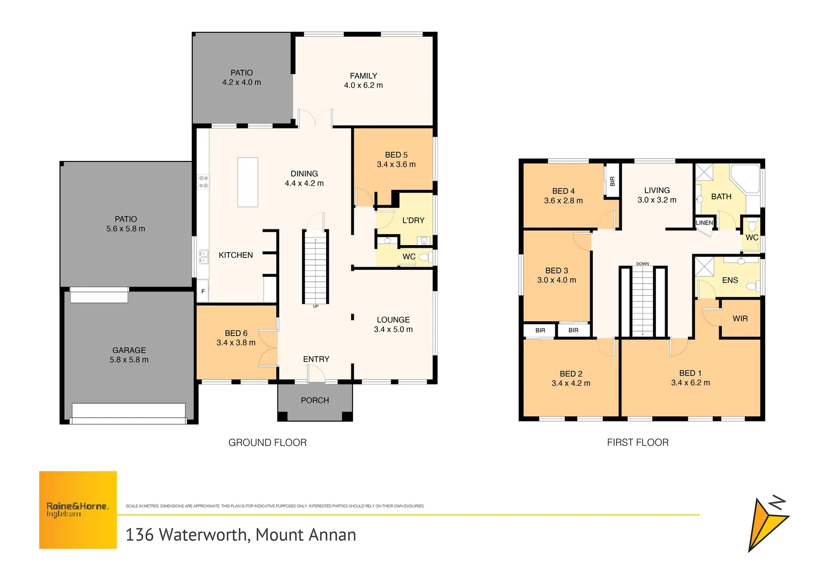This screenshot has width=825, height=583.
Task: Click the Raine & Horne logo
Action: click(x=78, y=510)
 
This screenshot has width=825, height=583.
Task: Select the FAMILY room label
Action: click(x=363, y=76)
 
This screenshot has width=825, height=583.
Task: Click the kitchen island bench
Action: click(x=248, y=182)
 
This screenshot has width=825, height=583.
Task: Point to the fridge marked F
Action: click(x=203, y=291)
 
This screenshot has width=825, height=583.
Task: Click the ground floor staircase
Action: click(x=315, y=267)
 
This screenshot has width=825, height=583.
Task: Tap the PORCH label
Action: click(x=315, y=401)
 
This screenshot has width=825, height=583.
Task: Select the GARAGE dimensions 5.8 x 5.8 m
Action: click(x=129, y=360)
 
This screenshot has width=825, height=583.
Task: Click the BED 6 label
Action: click(x=236, y=333)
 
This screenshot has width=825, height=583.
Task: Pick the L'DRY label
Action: click(x=413, y=220)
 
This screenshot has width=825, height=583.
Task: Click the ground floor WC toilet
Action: click(x=424, y=257)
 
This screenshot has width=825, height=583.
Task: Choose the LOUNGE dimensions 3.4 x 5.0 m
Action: click(x=393, y=329)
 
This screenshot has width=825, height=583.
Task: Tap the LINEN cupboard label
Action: click(x=704, y=222)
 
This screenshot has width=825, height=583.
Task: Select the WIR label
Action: click(x=740, y=318)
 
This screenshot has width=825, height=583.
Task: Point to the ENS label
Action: click(x=730, y=280)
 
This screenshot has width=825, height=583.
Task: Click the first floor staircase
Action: click(x=643, y=301)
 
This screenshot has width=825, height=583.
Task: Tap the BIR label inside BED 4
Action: click(x=612, y=181)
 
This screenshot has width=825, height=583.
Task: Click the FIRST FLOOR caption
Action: click(x=638, y=443)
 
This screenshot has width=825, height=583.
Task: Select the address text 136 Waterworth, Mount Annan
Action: click(x=241, y=535)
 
